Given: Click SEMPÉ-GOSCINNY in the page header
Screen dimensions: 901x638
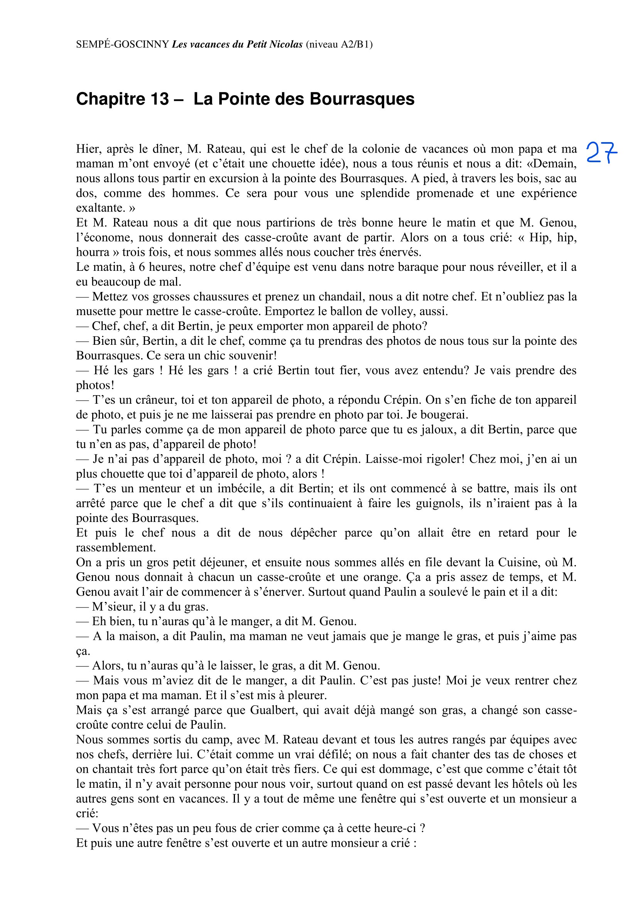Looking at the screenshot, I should click(122, 44).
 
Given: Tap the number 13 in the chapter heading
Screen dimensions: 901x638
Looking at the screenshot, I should click(159, 99).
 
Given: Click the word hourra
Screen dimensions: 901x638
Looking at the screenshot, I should click(93, 252).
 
